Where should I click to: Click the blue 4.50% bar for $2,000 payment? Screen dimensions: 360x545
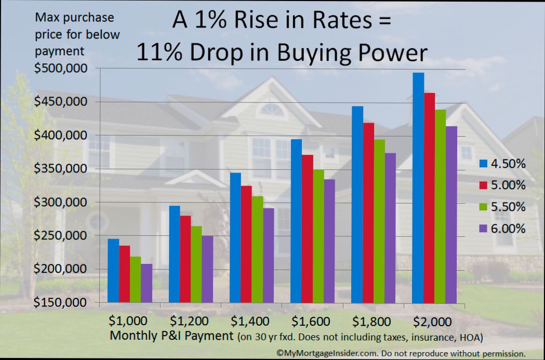coord(418,188)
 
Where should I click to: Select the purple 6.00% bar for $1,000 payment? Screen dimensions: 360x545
coord(147,283)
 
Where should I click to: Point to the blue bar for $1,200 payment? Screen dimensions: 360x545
coord(175,254)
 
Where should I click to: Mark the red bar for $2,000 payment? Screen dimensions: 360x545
coord(429,198)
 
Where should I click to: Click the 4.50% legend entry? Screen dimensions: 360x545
coord(502,164)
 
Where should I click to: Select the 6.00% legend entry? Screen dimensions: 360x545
coord(502,229)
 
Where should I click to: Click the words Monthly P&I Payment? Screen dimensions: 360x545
coord(172,336)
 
